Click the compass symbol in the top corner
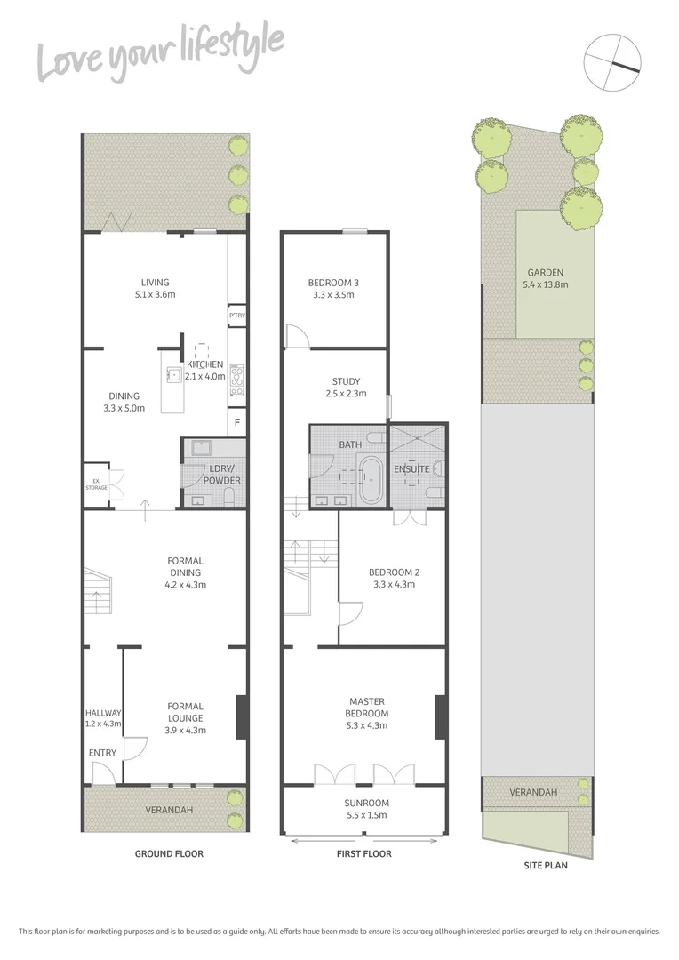click(612, 61)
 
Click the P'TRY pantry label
click(236, 316)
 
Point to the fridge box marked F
click(236, 423)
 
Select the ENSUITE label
click(412, 468)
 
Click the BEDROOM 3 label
click(334, 289)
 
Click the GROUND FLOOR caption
click(169, 854)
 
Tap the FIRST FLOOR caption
click(364, 854)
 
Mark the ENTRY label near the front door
click(102, 754)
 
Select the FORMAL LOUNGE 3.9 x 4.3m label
click(185, 718)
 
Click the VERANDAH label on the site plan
click(533, 792)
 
